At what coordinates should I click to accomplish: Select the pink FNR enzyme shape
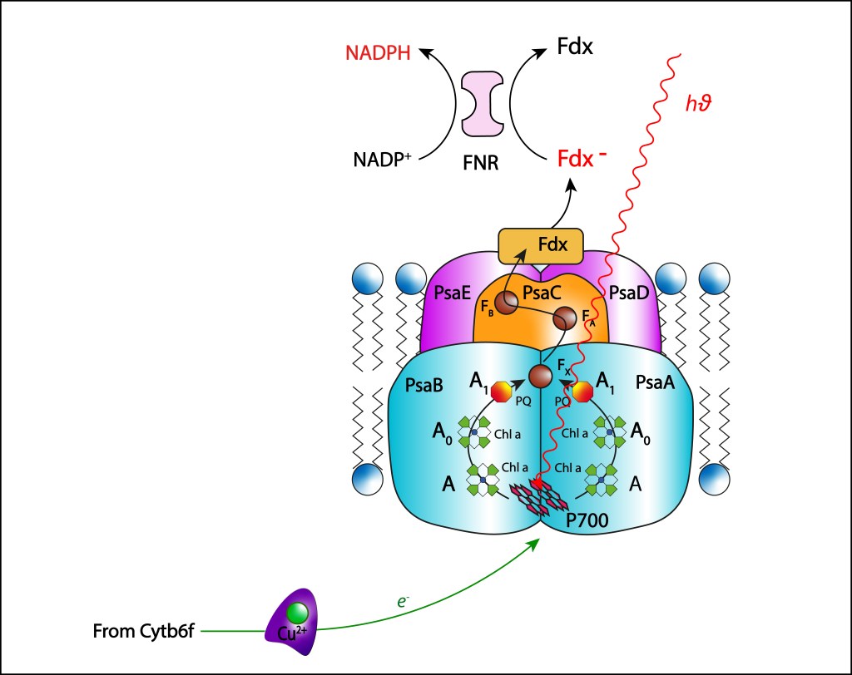pyautogui.click(x=483, y=104)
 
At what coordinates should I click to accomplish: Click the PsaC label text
pyautogui.click(x=541, y=293)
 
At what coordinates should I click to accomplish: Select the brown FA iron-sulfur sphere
pyautogui.click(x=565, y=318)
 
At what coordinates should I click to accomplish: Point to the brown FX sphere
pyautogui.click(x=541, y=376)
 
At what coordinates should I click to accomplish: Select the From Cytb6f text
pyautogui.click(x=142, y=633)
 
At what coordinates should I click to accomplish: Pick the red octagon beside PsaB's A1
pyautogui.click(x=501, y=392)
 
